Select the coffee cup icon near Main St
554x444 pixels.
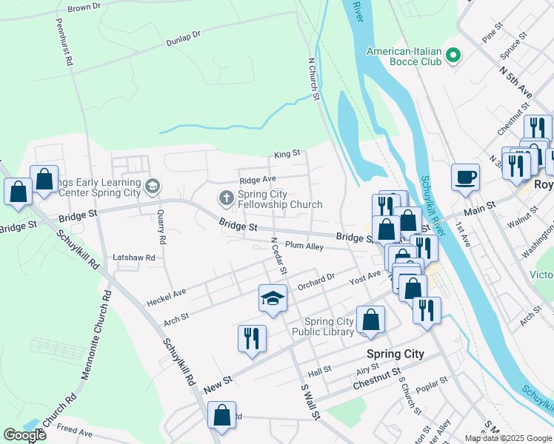point(464,178)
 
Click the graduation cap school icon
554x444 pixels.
point(272,298)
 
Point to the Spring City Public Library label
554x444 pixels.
point(329,326)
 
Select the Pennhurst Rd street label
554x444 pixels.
point(64,42)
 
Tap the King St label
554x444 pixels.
point(287,154)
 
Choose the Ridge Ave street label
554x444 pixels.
point(257,180)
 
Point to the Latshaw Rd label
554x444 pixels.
point(133,257)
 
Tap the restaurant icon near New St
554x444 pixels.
point(252,339)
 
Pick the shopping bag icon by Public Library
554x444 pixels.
point(371,320)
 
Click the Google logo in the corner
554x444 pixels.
point(25,435)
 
